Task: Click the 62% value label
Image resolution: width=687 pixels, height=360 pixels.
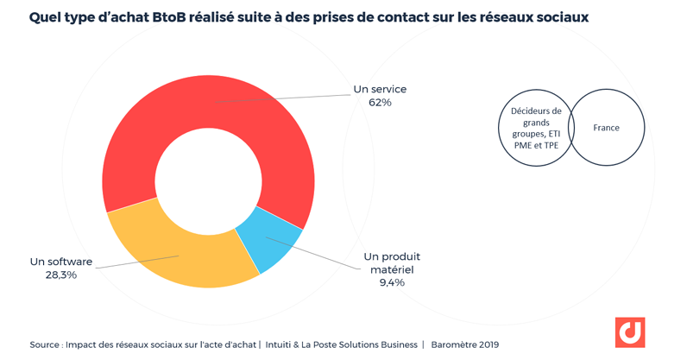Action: coord(380,103)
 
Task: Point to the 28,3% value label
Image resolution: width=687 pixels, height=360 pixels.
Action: coord(61,275)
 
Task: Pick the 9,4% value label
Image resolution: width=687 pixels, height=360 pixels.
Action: coord(392,282)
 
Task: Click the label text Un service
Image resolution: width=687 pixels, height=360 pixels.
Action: coord(380,89)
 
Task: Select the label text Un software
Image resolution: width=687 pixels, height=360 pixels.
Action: coord(61,262)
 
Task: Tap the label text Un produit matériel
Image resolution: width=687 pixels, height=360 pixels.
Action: coord(392,262)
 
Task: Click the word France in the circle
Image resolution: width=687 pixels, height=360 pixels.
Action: coord(606,128)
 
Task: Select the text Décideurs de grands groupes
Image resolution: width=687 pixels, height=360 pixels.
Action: coord(535,117)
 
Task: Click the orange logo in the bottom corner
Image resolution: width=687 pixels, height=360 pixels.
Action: coord(630,332)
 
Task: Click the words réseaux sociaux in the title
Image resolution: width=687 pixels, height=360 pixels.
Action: coord(534,17)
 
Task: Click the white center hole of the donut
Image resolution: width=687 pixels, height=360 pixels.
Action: coord(208,181)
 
